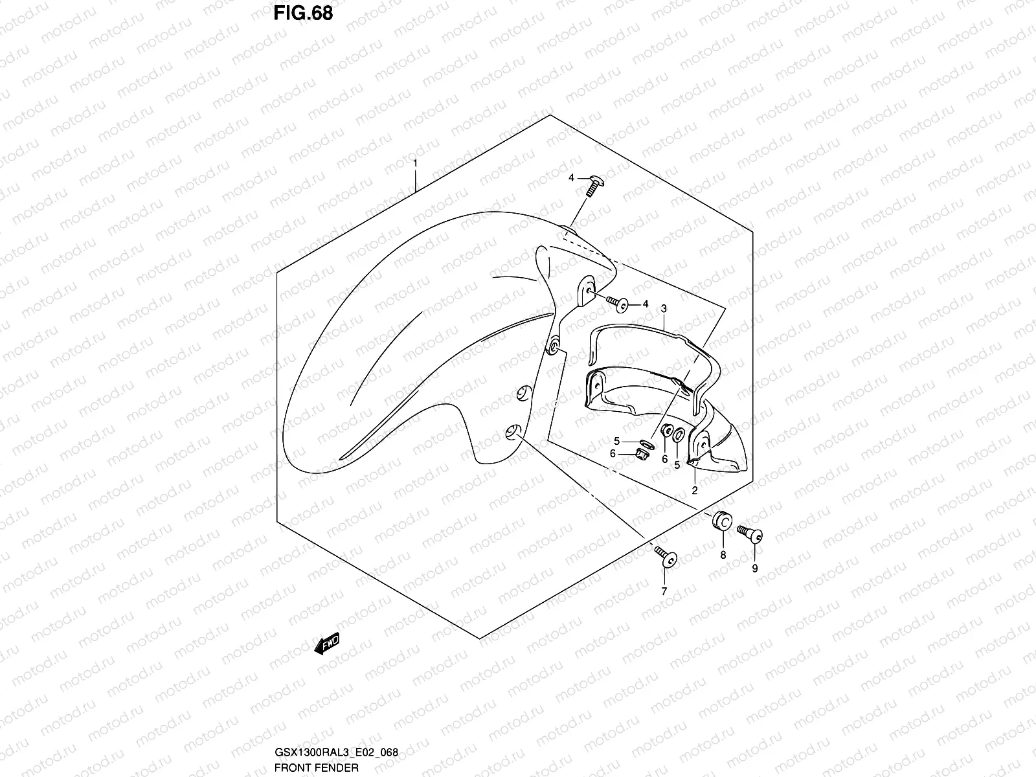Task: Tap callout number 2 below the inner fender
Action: coord(694,490)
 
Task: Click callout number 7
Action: coord(664,591)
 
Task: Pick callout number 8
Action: coord(723,555)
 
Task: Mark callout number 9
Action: coord(754,569)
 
